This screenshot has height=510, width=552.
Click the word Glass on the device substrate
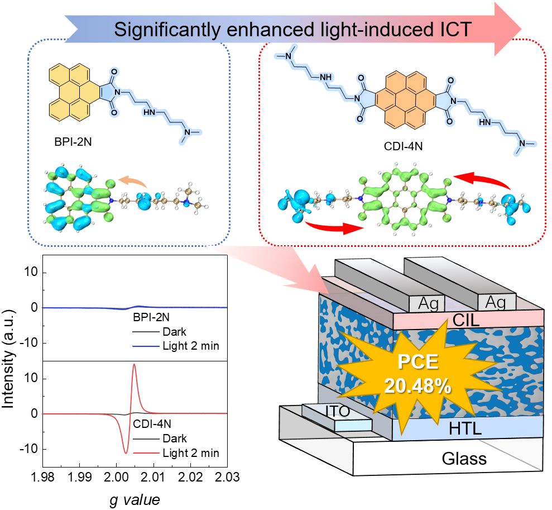pos(464,459)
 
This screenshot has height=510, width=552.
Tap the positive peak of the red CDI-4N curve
pos(134,365)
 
